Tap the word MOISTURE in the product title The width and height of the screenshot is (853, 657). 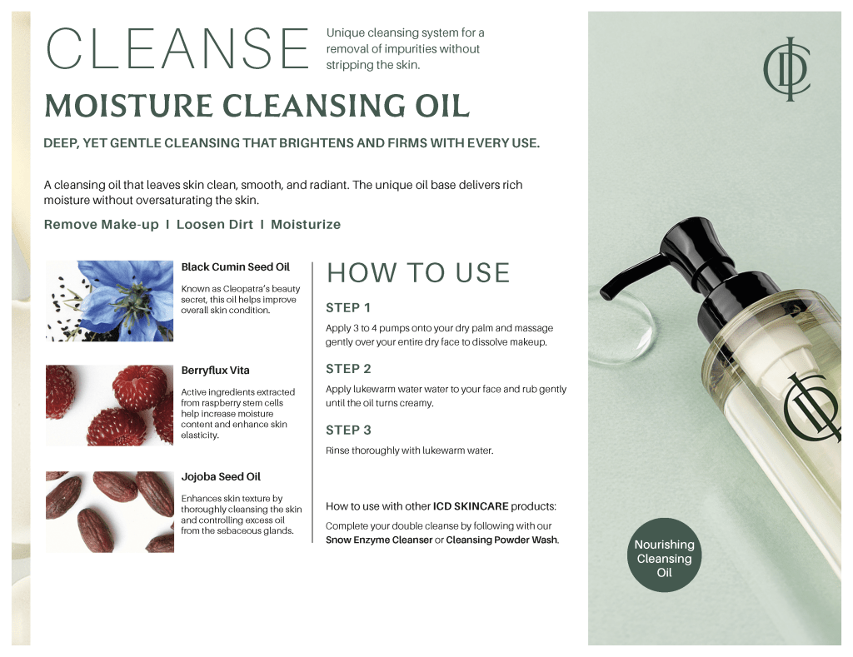[x=128, y=106]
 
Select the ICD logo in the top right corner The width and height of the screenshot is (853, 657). [x=787, y=69]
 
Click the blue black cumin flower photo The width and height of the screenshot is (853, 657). [x=109, y=301]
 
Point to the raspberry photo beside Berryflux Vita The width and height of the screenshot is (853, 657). [x=109, y=406]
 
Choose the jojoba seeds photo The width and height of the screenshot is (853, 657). [x=109, y=512]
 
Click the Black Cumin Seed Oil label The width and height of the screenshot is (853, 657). [x=236, y=267]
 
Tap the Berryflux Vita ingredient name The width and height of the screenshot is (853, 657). [x=216, y=371]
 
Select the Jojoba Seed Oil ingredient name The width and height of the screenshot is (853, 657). [x=221, y=477]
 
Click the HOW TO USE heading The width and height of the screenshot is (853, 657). [x=418, y=273]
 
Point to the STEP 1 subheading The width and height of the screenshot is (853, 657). [x=348, y=308]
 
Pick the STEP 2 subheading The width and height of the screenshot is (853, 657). [x=348, y=369]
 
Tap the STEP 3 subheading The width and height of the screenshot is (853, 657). [x=348, y=431]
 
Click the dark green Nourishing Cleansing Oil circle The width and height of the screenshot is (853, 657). [x=664, y=555]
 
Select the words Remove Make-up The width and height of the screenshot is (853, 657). [x=101, y=225]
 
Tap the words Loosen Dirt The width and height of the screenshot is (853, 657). [x=215, y=225]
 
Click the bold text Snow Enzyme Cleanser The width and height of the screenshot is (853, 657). [x=379, y=540]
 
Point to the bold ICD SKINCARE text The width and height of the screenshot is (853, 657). [x=471, y=506]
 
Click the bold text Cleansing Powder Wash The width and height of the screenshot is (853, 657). [x=501, y=540]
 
